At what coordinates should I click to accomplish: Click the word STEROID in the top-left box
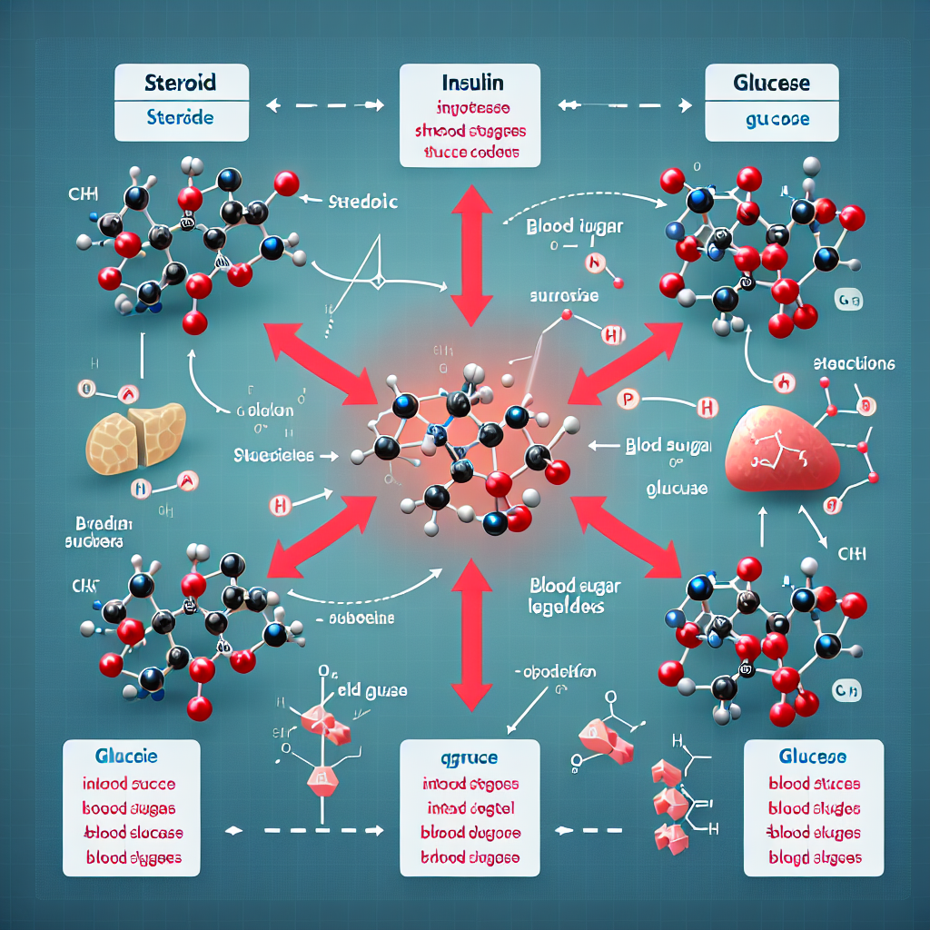pos(180,84)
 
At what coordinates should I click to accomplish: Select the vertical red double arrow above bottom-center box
pos(470,634)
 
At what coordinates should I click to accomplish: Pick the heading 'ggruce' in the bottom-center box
pos(469,757)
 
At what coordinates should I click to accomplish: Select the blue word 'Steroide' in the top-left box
pos(180,119)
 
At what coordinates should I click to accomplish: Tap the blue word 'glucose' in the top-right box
pos(773,119)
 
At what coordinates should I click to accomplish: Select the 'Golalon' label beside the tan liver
pos(263,411)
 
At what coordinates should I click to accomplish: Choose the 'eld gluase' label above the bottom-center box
pos(373,691)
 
